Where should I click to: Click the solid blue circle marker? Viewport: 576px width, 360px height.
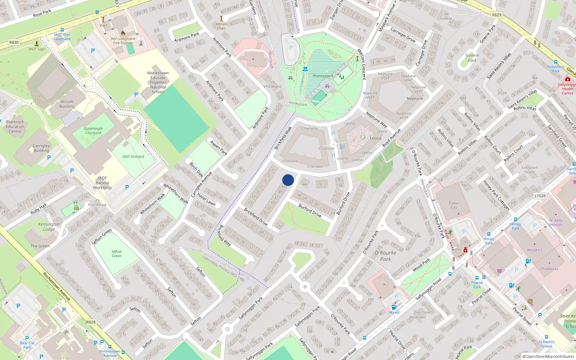tap(288, 180)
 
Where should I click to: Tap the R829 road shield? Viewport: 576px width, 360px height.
tap(496, 15)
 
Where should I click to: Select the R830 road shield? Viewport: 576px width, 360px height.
tap(14, 42)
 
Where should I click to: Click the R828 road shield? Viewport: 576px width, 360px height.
tap(91, 322)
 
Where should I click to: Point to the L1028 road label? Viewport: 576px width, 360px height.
tap(540, 196)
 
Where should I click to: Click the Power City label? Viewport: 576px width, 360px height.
tap(454, 205)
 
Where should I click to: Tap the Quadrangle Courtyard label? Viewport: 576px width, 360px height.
tap(93, 131)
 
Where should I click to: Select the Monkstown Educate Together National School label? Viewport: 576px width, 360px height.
tap(158, 82)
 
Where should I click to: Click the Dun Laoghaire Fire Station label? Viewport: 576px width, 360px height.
tap(123, 41)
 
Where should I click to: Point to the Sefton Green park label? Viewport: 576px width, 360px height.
tap(116, 254)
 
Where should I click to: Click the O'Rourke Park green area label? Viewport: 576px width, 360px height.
tap(385, 256)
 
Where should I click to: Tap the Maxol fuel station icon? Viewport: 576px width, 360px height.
tap(394, 307)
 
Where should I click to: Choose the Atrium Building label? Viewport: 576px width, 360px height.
tap(67, 104)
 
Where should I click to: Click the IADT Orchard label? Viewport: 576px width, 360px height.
tap(133, 157)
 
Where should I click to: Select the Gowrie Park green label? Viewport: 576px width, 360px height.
tap(472, 58)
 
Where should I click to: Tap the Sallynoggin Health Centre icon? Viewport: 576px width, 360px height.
tap(568, 79)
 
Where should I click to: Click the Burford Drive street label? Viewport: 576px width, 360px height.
tap(310, 211)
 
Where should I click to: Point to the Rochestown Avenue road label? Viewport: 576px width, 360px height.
tap(57, 287)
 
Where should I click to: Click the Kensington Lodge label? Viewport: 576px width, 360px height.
tap(49, 226)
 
